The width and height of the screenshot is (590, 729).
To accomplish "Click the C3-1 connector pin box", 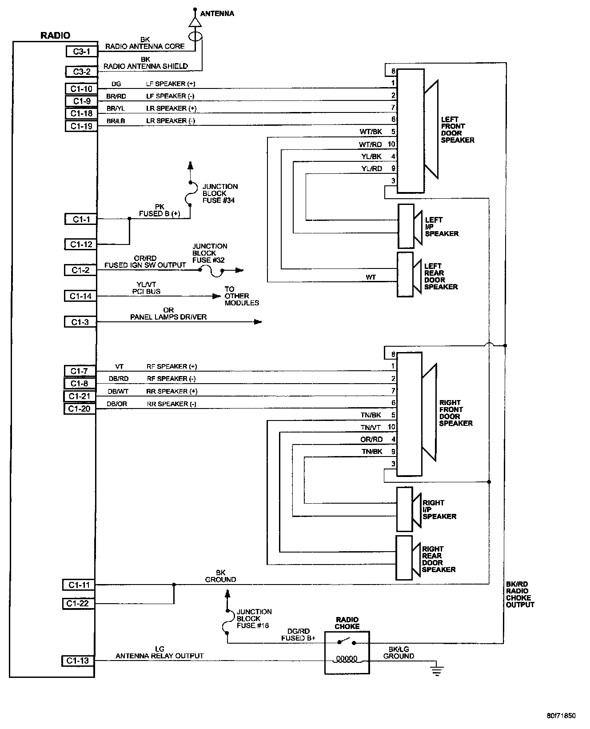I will (81, 52).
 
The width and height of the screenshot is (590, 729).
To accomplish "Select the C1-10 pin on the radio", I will (81, 89).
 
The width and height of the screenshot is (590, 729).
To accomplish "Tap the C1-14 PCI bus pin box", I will (80, 296).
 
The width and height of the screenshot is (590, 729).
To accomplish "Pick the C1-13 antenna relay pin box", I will (78, 661).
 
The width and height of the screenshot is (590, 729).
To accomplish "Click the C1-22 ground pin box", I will (78, 604).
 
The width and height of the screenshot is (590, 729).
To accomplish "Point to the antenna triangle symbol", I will (194, 22).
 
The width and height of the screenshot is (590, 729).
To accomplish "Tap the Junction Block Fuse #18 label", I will (254, 619).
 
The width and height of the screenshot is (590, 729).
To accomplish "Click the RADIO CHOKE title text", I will (347, 623).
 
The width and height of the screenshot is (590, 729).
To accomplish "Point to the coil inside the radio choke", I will (347, 659).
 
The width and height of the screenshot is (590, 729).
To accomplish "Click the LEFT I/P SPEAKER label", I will (442, 227).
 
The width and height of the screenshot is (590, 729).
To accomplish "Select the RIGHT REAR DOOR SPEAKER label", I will (439, 559).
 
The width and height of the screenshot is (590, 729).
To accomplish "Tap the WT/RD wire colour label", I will (371, 144).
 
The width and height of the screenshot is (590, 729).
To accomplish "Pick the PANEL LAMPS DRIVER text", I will (168, 317).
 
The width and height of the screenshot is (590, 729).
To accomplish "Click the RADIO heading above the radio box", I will (55, 36).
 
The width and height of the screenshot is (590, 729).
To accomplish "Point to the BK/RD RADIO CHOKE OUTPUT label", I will (520, 594).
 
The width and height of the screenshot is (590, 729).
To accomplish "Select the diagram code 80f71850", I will (561, 716).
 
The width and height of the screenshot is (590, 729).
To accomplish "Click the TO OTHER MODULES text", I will (242, 296).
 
